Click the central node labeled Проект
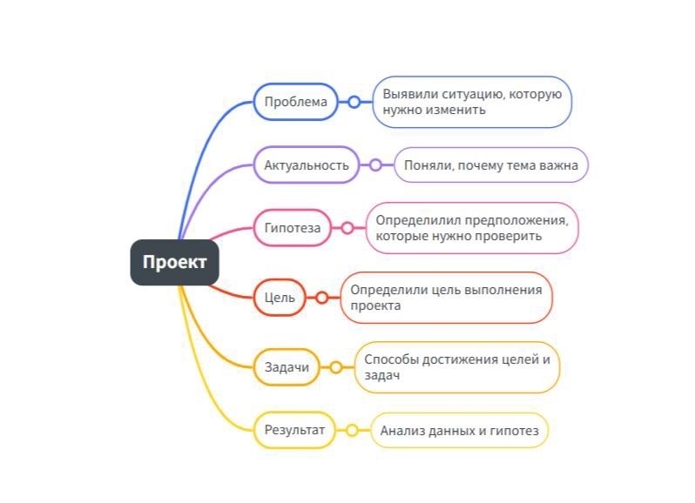point(174,262)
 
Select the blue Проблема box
point(295,102)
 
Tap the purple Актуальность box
point(306,164)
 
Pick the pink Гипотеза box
point(293,229)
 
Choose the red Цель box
point(280,298)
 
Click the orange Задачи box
point(287,367)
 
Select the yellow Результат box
point(294,430)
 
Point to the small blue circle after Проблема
point(354,102)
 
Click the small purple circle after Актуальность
point(375,164)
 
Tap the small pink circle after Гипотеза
point(347,229)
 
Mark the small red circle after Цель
point(321,298)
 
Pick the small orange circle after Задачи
point(335,367)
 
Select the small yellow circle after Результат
point(352,430)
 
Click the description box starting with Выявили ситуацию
point(472,102)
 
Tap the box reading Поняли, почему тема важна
point(491,164)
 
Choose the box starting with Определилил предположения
point(472,228)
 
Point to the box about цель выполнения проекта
point(446,298)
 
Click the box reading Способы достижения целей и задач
point(456,367)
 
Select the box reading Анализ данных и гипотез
point(459,430)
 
